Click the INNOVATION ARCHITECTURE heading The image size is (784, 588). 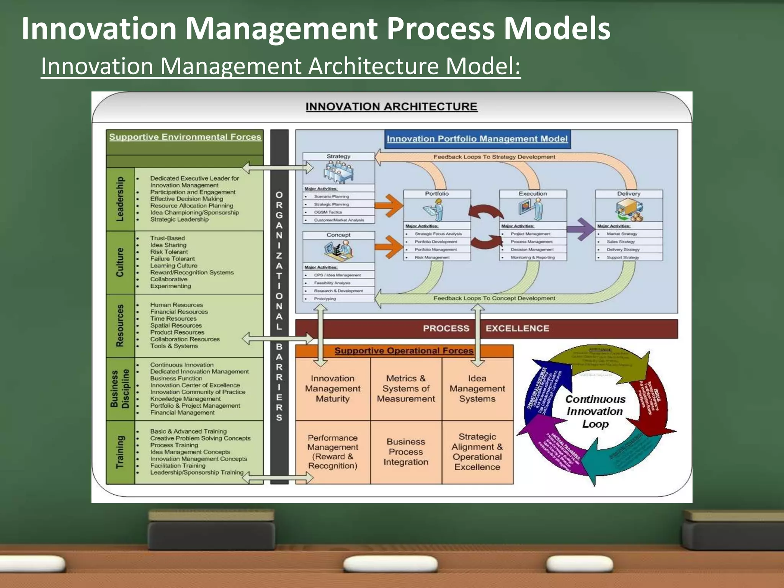point(391,106)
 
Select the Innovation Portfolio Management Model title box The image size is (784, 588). point(477,139)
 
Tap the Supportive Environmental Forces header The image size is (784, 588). point(185,137)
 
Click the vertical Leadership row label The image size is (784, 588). point(120,199)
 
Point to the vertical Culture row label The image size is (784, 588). point(120,262)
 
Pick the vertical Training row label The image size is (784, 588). point(120,452)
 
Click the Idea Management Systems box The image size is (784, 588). point(477,389)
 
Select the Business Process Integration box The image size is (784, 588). point(406,452)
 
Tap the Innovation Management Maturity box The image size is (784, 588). point(333,389)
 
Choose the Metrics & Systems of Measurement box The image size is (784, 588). point(406,389)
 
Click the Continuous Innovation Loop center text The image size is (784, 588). point(595,412)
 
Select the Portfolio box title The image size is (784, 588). point(437,194)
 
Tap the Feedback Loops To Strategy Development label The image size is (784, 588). point(494,157)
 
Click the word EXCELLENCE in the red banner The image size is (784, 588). point(517,328)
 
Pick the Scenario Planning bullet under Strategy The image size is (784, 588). point(332,196)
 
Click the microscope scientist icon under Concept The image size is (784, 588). point(338,250)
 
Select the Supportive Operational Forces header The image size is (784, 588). point(404,351)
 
